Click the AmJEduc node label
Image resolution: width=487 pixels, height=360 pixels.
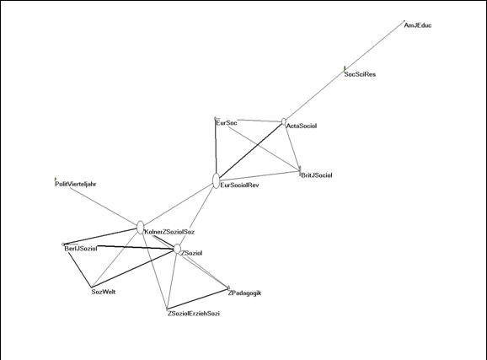tap(417, 25)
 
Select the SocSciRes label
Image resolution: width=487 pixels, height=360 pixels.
tap(360, 74)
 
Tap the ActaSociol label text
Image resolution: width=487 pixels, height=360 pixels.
tap(302, 126)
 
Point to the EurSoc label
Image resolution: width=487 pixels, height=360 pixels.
tap(227, 123)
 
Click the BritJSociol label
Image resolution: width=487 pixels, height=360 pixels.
tap(317, 175)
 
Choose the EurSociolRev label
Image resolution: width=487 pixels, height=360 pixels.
tap(239, 185)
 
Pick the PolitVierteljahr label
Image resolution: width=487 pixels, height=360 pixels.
tap(76, 184)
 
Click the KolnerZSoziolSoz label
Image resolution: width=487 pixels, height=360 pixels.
tap(169, 232)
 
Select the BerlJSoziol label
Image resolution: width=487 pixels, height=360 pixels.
tap(81, 249)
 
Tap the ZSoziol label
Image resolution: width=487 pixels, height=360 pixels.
tap(191, 253)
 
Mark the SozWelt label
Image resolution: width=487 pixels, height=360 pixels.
tap(104, 292)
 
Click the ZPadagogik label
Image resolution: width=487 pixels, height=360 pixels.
tap(244, 293)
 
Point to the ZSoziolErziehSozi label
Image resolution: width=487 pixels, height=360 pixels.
tap(194, 314)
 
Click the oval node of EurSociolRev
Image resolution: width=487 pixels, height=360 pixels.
tap(217, 181)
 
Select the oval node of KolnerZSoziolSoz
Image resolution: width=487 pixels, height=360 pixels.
tap(141, 228)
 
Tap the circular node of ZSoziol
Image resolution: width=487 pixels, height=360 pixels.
tap(177, 249)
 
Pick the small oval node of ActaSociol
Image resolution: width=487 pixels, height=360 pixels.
tap(284, 121)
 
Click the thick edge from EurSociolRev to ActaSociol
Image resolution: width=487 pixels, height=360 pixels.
tap(251, 150)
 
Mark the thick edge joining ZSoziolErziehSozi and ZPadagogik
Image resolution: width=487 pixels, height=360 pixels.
tap(198, 299)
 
